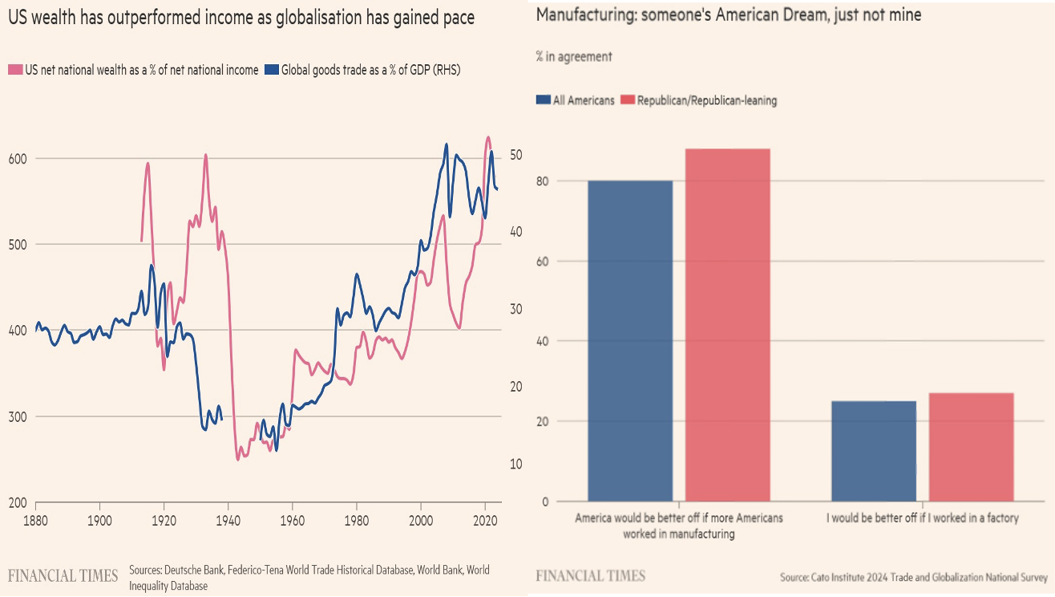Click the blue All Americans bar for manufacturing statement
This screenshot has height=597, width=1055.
(x=630, y=341)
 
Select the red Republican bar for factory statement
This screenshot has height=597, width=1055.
(x=971, y=447)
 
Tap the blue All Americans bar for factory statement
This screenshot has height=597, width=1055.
(x=873, y=451)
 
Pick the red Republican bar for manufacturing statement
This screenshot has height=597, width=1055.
(x=727, y=325)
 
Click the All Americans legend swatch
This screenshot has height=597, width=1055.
(x=543, y=100)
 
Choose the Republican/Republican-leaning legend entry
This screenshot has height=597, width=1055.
(x=706, y=100)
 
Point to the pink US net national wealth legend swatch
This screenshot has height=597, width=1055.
(x=14, y=71)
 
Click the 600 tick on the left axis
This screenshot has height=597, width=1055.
(x=18, y=158)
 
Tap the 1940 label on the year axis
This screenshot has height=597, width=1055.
(x=228, y=520)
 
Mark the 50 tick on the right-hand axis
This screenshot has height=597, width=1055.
(x=516, y=154)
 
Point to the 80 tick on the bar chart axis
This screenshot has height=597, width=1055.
(x=543, y=181)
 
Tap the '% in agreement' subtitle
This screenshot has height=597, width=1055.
(x=573, y=56)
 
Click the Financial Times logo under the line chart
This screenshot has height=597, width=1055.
(x=63, y=576)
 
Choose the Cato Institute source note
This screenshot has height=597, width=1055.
(x=913, y=577)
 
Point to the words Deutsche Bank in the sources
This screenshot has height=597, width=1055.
(x=195, y=571)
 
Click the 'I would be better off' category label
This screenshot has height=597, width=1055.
(x=922, y=518)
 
